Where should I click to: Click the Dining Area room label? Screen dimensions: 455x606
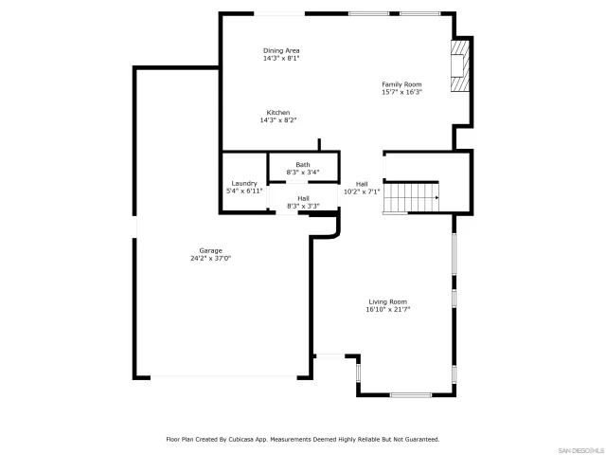pos(282,50)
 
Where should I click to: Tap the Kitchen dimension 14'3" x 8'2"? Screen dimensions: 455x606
pos(278,120)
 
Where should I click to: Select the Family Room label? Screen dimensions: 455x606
pos(401,84)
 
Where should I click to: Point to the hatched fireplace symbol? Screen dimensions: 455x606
pos(460,64)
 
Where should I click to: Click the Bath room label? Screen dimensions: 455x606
pos(302,164)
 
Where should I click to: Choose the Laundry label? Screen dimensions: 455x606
pos(244,183)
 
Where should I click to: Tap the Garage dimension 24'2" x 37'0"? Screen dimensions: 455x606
pos(210,258)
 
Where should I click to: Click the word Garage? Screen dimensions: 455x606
pos(210,250)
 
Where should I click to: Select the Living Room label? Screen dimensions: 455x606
pos(388,301)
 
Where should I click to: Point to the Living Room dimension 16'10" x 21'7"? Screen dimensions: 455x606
pos(388,309)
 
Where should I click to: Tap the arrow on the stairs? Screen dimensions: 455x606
pos(435,198)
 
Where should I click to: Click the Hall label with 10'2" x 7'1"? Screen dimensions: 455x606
pos(362,184)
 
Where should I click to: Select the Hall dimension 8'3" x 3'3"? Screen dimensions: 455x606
pos(303,206)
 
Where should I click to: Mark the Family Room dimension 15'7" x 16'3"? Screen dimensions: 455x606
pos(401,92)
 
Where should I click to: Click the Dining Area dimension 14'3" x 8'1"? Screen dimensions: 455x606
pos(282,58)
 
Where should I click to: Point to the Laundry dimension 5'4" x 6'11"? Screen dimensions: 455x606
pos(244,191)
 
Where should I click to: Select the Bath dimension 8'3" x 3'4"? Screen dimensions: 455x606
pos(302,172)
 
